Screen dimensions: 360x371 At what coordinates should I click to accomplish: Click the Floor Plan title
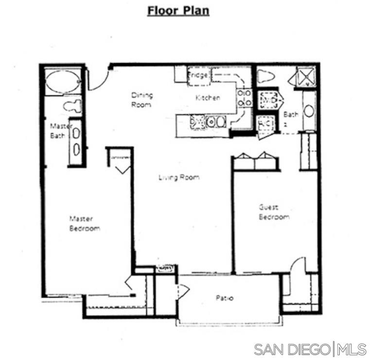[x=178, y=11]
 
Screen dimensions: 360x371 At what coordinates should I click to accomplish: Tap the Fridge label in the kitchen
[x=198, y=75]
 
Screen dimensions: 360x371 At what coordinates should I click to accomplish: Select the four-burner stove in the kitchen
[x=244, y=98]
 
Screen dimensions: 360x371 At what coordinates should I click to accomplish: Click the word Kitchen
[x=208, y=98]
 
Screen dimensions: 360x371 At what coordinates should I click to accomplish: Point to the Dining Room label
[x=142, y=99]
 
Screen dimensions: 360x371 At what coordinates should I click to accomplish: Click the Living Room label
[x=179, y=178]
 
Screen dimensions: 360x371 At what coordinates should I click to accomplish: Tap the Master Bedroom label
[x=84, y=224]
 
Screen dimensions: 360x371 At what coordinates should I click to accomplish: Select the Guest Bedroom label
[x=274, y=212]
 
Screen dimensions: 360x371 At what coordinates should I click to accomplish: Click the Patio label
[x=224, y=298]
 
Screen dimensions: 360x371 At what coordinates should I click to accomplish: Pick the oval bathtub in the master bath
[x=63, y=81]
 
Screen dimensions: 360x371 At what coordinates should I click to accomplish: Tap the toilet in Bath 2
[x=265, y=76]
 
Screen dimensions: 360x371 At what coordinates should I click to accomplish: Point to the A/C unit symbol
[x=266, y=125]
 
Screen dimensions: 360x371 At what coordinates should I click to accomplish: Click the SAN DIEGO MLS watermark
[x=310, y=349]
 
